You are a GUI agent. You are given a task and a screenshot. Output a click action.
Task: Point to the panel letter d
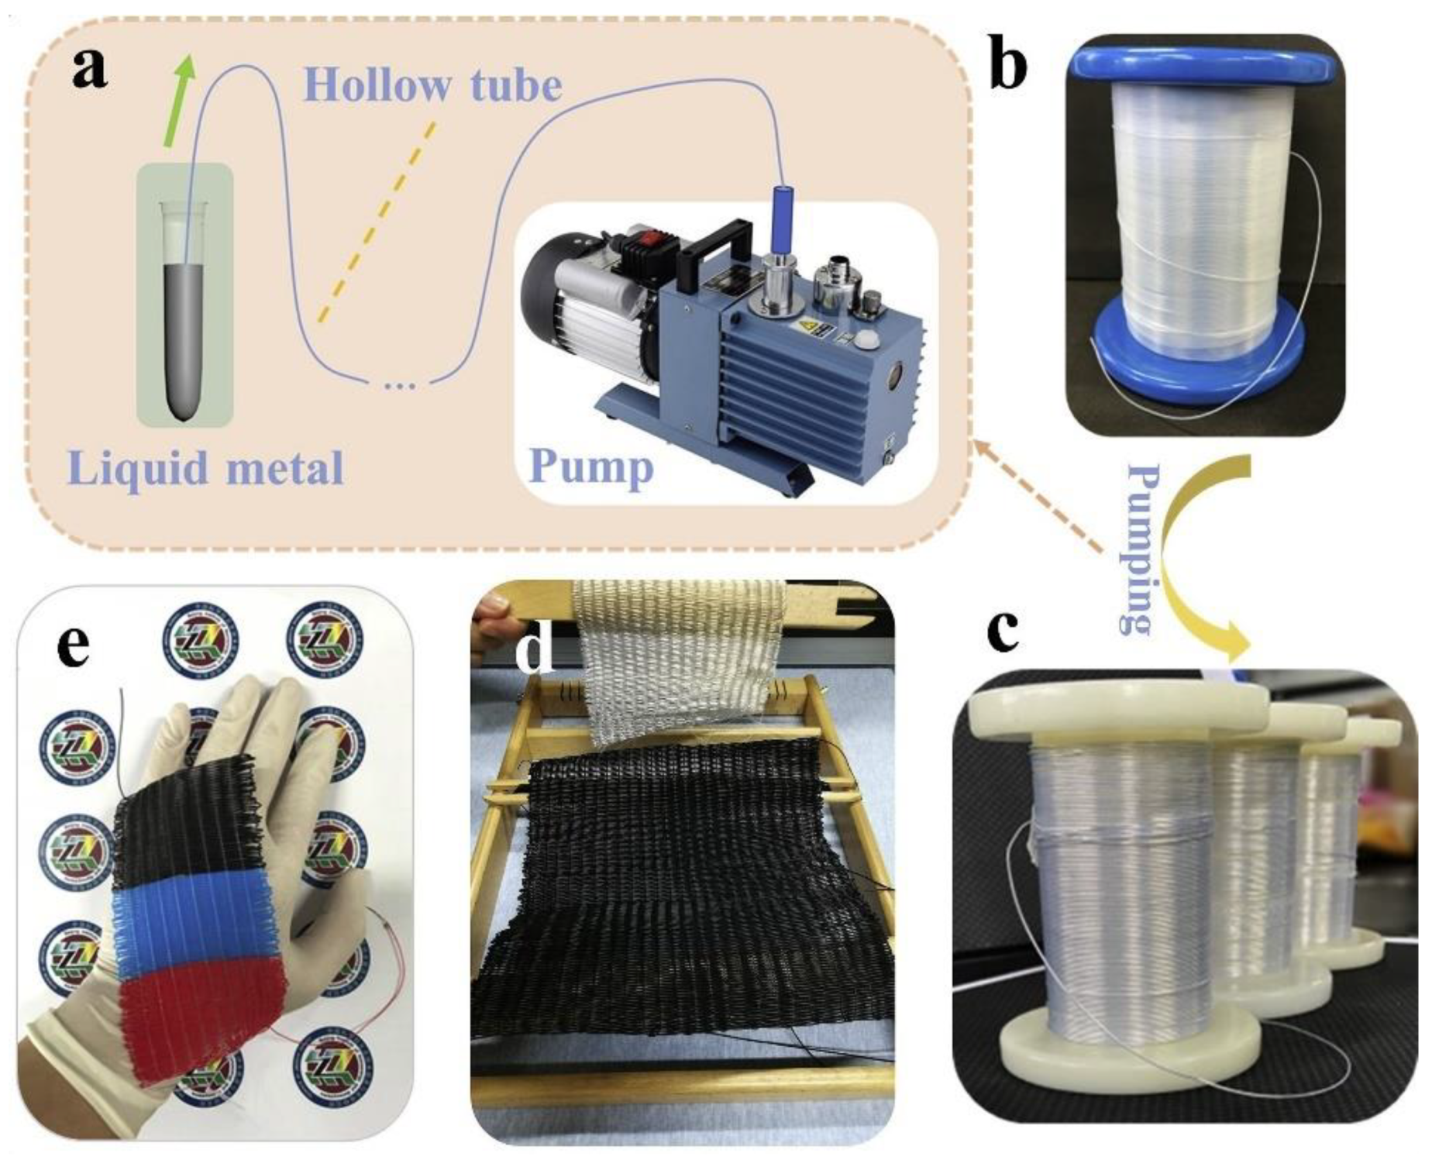click(535, 648)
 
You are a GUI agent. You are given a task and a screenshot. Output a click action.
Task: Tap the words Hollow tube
click(432, 85)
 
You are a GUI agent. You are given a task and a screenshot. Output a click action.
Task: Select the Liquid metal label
click(205, 468)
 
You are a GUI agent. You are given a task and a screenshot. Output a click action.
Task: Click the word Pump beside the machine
click(591, 466)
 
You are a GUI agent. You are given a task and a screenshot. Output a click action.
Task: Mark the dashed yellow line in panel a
click(377, 222)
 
